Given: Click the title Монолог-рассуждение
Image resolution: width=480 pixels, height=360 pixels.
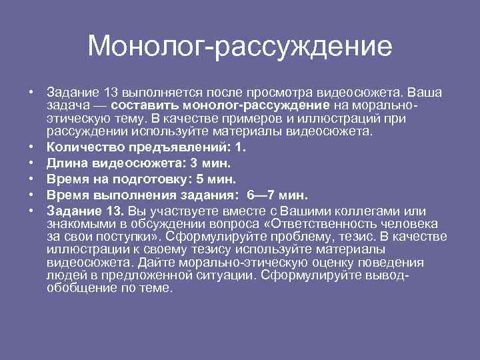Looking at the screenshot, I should [239, 46].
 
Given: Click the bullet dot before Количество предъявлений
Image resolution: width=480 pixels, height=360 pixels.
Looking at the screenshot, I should [31, 146].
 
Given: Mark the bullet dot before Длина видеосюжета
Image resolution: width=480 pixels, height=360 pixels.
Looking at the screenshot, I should [31, 162].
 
